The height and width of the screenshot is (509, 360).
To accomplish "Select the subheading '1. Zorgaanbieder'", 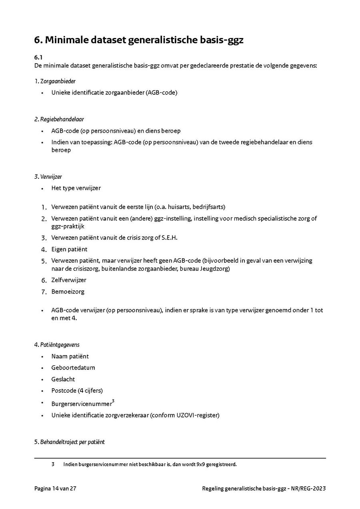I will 55,81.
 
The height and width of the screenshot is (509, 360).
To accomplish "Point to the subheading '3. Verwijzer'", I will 48,176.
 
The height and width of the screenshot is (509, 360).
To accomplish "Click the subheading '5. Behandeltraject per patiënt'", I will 69,442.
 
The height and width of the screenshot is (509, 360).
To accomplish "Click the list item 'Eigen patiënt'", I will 69,249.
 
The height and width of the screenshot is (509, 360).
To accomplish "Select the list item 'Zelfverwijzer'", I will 68,280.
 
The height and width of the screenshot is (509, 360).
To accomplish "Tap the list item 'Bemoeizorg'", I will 68,291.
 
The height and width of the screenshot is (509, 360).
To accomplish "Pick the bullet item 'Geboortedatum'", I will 73,367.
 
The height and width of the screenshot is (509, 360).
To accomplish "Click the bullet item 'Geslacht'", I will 63,379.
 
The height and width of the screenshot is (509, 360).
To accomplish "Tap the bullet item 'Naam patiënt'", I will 70,356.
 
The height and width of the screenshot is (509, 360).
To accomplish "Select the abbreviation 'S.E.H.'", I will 169,238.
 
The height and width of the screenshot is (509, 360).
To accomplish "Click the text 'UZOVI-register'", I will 198,415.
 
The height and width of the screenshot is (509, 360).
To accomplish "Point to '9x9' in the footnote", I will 196,465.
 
